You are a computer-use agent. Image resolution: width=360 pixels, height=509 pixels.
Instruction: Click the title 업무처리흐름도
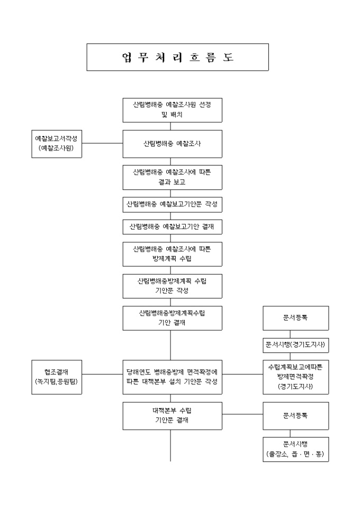pyautogui.click(x=177, y=57)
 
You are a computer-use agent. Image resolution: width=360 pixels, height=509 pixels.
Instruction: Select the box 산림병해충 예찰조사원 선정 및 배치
pyautogui.click(x=172, y=110)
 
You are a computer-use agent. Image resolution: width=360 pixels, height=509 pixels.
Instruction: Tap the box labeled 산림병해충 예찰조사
pyautogui.click(x=172, y=143)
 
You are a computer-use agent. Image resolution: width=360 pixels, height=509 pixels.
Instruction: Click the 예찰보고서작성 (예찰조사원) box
pyautogui.click(x=56, y=143)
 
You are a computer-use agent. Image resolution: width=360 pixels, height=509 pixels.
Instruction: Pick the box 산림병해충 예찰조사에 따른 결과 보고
pyautogui.click(x=172, y=178)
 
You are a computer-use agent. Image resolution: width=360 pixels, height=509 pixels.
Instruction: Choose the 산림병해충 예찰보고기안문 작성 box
pyautogui.click(x=172, y=204)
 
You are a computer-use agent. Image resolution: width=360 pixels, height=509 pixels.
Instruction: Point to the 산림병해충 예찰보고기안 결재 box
pyautogui.click(x=172, y=226)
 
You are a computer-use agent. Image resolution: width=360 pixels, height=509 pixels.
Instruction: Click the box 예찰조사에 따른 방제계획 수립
pyautogui.click(x=172, y=254)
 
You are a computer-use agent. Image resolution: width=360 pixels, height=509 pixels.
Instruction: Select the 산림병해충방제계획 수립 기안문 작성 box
pyautogui.click(x=172, y=286)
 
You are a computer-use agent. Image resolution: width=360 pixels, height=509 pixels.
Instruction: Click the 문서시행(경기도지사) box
pyautogui.click(x=296, y=346)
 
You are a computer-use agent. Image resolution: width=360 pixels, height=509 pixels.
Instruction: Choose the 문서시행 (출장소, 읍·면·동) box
pyautogui.click(x=296, y=449)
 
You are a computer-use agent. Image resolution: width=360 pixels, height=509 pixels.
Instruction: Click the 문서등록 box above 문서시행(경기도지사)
pyautogui.click(x=296, y=318)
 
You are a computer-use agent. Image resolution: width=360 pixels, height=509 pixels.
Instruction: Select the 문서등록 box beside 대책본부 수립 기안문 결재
pyautogui.click(x=296, y=415)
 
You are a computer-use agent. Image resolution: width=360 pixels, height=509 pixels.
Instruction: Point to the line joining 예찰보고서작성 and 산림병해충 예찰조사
pyautogui.click(x=103, y=143)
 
